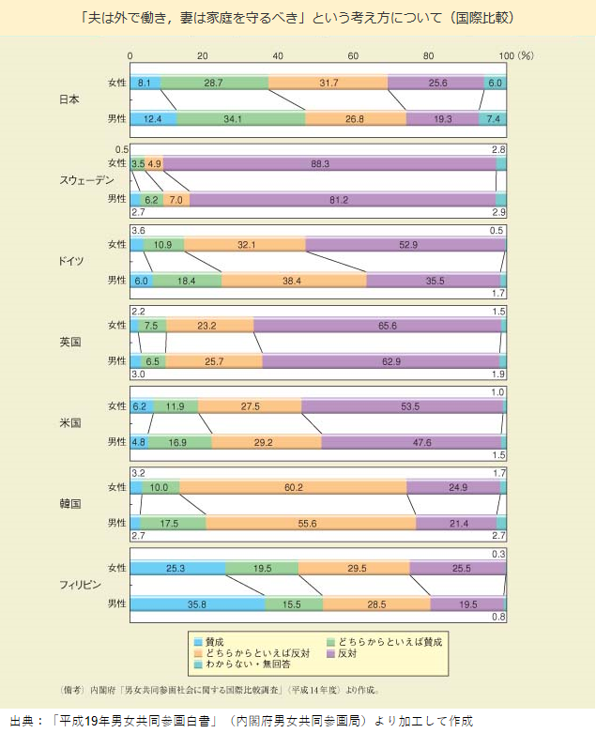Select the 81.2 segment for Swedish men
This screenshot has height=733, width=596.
pyautogui.click(x=342, y=199)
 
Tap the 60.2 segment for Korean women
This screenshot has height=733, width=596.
pyautogui.click(x=293, y=486)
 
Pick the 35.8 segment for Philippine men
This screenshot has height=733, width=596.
pyautogui.click(x=197, y=603)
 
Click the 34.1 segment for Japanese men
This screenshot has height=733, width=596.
pyautogui.click(x=240, y=119)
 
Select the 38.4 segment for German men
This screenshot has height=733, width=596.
pyautogui.click(x=294, y=280)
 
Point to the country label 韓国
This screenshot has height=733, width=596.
pyautogui.click(x=69, y=503)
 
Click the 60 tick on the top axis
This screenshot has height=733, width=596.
pyautogui.click(x=355, y=56)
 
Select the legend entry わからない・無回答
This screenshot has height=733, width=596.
pyautogui.click(x=239, y=664)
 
